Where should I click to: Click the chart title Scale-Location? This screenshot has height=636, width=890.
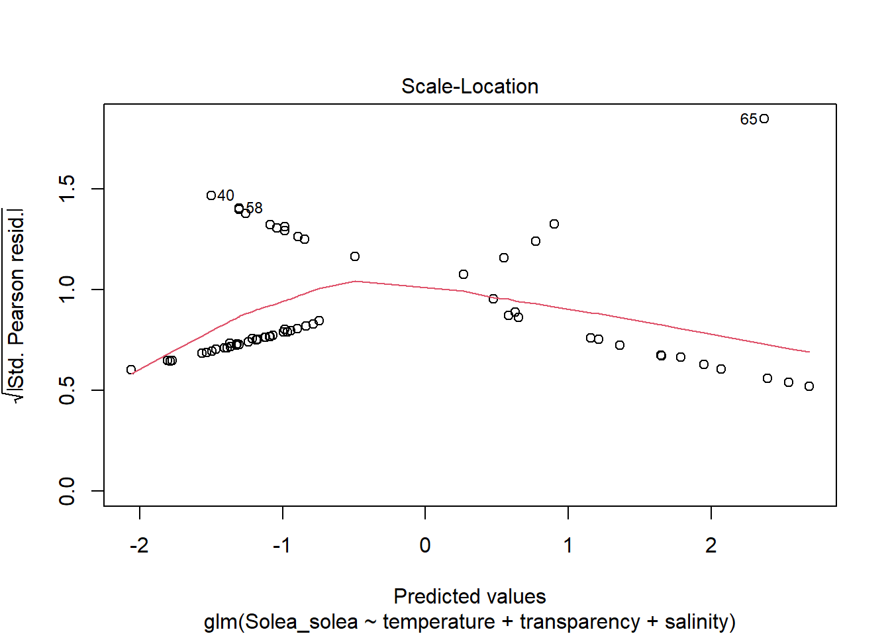[x=470, y=86]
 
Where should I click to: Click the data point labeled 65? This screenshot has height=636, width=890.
[x=764, y=119]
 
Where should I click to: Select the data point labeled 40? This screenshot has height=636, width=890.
[x=211, y=195]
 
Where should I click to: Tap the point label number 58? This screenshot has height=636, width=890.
[x=254, y=208]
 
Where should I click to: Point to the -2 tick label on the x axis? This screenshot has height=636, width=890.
[x=139, y=545]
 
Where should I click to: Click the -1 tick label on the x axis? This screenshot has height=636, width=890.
[x=281, y=545]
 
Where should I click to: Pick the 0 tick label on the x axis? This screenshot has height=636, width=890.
[x=425, y=545]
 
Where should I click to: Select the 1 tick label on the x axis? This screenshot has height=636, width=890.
[x=568, y=545]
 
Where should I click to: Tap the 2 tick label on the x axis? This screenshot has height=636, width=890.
[x=711, y=545]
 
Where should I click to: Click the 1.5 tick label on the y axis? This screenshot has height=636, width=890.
[x=67, y=189]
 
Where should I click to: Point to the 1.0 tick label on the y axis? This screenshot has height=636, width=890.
[x=67, y=290]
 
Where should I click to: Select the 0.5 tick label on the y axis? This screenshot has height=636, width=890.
[x=67, y=390]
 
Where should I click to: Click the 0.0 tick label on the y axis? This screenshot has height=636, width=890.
[x=67, y=491]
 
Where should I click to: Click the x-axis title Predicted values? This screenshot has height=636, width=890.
[x=470, y=596]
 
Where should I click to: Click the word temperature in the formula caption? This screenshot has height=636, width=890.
[x=438, y=622]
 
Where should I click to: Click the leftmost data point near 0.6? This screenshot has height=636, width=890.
[x=131, y=370]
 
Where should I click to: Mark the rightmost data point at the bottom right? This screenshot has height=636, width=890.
[x=809, y=386]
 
